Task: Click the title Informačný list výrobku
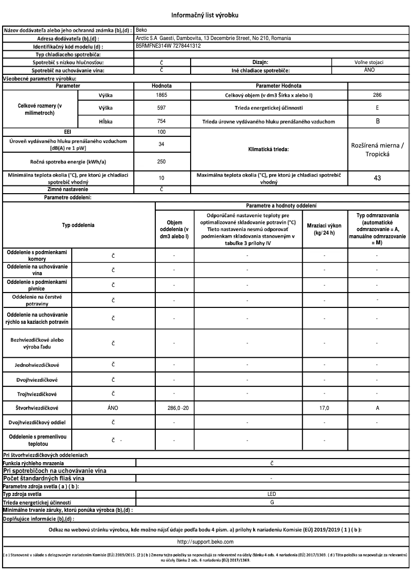pyautogui.click(x=205, y=15)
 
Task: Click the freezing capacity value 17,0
pyautogui.click(x=324, y=408)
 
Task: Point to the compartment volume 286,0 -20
pyautogui.click(x=174, y=408)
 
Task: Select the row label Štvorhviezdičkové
pyautogui.click(x=37, y=408)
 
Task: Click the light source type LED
pyautogui.click(x=271, y=494)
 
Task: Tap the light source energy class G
pyautogui.click(x=271, y=502)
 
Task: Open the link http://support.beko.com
pyautogui.click(x=205, y=541)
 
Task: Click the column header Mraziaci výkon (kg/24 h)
pyautogui.click(x=324, y=229)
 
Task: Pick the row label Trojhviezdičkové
pyautogui.click(x=37, y=393)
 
